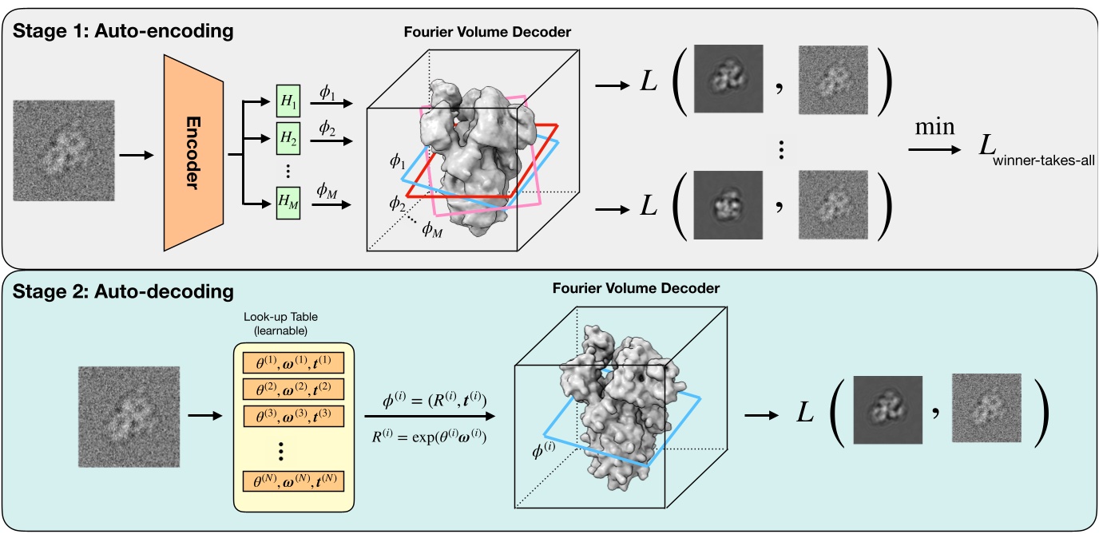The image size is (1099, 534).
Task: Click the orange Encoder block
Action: coord(190,153)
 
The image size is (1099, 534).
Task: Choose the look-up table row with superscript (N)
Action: coord(292,481)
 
